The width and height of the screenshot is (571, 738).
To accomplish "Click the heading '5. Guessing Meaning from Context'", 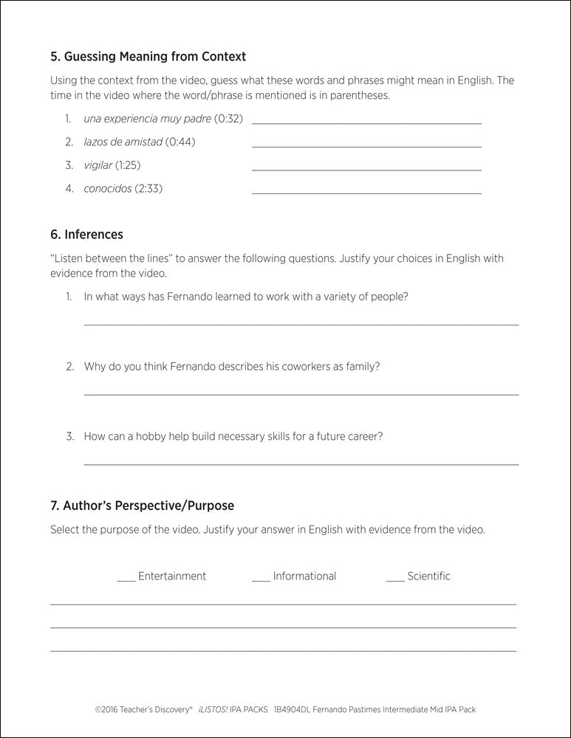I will (148, 56).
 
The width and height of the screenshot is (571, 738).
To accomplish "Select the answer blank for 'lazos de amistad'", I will (366, 146).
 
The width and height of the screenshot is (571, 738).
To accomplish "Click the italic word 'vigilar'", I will (98, 165).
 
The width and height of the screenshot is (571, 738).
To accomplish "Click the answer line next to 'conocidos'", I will (366, 193).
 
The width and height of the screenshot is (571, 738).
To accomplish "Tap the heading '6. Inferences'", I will (86, 235).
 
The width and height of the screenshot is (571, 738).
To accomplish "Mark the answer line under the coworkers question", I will (301, 394).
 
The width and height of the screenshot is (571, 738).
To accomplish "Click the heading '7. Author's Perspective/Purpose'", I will (142, 506).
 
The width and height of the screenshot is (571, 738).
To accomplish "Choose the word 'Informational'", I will (304, 576).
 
